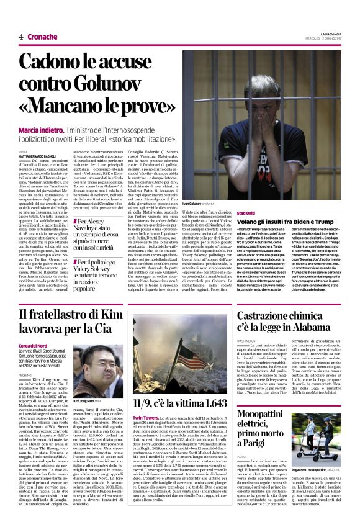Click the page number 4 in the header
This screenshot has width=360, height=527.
pyautogui.click(x=20, y=37)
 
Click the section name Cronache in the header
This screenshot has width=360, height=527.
pyautogui.click(x=42, y=37)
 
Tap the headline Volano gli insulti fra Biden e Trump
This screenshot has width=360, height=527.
pyautogui.click(x=285, y=222)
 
